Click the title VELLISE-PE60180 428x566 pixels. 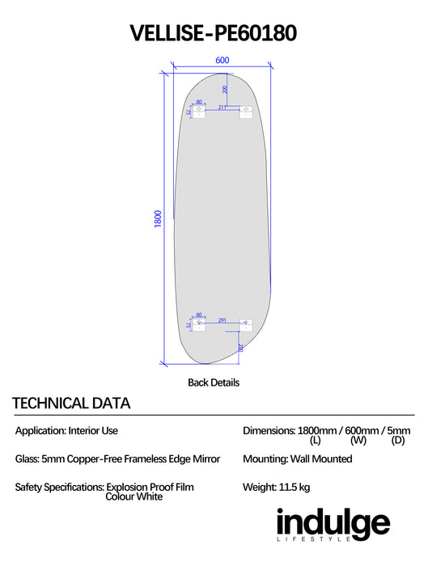coord(214,33)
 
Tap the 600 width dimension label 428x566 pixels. coord(222,61)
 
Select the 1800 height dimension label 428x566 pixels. coord(158,219)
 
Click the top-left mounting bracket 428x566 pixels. coord(199,112)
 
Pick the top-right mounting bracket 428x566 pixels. coord(246,112)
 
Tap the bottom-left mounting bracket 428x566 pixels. coord(199,325)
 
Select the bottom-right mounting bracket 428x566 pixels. coord(246,325)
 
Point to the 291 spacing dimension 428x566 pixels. coord(222,320)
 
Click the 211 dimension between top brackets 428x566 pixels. coord(222,108)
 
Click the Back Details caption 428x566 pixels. coord(214,382)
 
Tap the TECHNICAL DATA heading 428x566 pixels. coord(71,403)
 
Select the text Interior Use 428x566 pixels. coord(93,431)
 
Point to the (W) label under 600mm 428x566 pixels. coord(358,440)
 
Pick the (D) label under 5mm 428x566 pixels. coord(398,440)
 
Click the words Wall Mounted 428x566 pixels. coord(321,458)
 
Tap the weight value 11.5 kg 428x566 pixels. coord(295,488)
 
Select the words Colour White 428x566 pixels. coord(134,496)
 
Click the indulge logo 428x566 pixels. coord(333,524)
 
